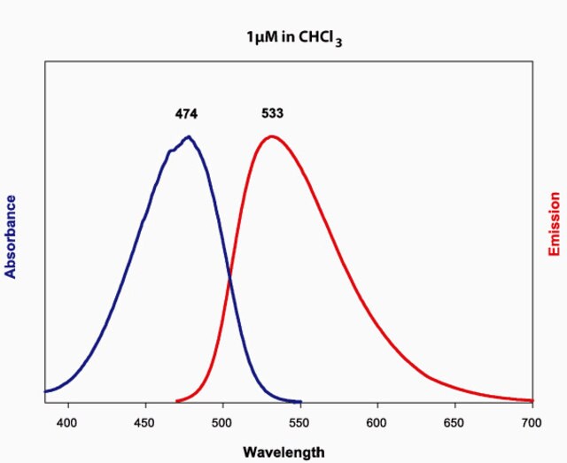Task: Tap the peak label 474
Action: coord(186,114)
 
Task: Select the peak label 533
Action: coord(272,114)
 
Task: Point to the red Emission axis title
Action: coord(555,235)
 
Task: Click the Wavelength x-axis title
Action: coord(283,452)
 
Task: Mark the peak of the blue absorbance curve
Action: coord(188,137)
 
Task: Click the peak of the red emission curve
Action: coord(272,136)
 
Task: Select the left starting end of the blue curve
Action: coord(46,390)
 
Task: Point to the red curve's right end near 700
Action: coord(532,400)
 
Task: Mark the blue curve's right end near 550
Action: coord(300,401)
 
